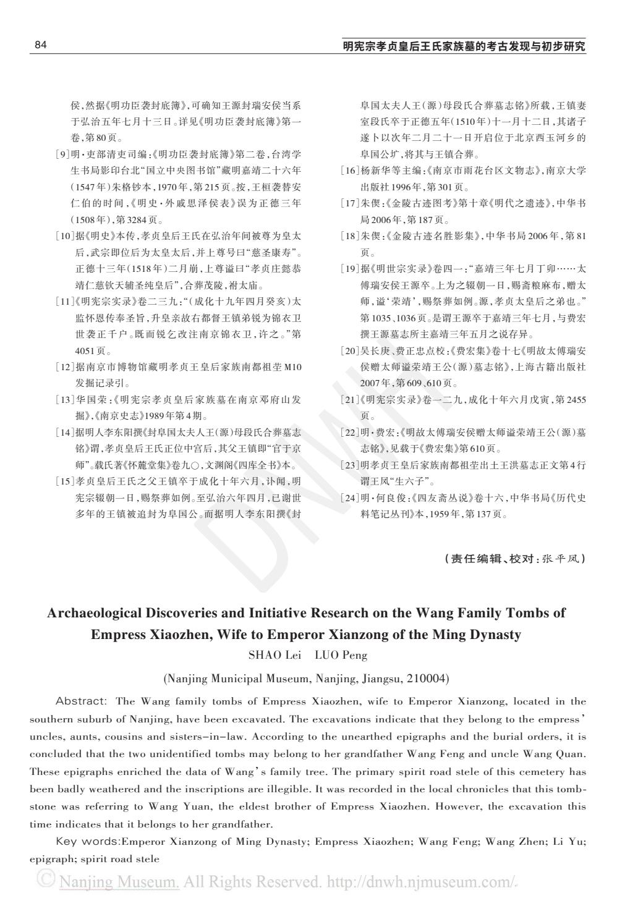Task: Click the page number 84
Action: [41, 45]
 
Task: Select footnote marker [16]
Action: [350, 170]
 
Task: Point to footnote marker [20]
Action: [350, 350]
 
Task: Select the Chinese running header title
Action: [464, 46]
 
